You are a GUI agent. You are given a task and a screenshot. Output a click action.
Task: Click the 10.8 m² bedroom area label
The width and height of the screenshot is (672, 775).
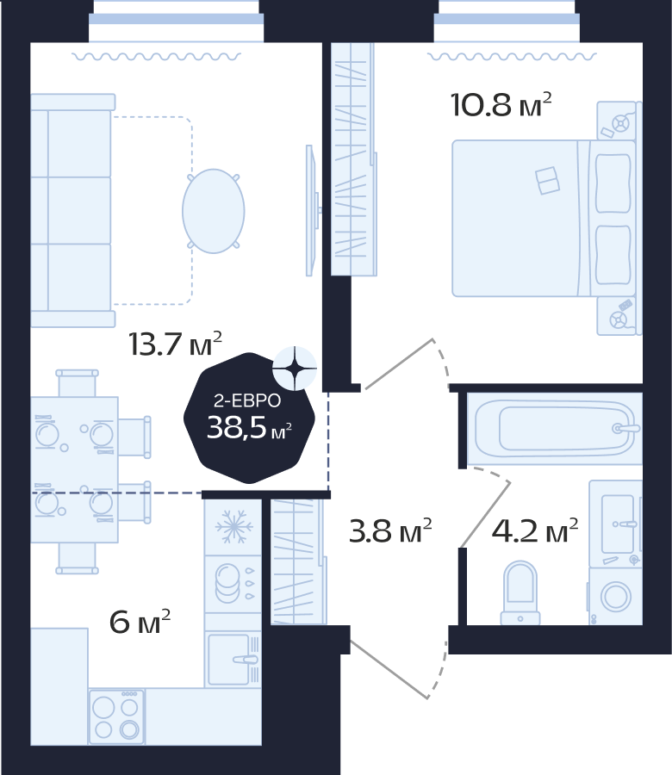[x=501, y=104]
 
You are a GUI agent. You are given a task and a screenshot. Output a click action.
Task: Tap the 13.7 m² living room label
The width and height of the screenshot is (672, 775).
[x=175, y=343]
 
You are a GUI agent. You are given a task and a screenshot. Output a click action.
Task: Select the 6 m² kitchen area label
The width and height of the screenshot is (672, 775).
[x=140, y=621]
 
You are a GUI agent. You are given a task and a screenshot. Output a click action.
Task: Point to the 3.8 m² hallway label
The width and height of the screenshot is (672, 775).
[x=390, y=530]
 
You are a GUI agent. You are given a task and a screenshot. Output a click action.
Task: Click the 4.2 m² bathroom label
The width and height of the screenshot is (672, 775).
[x=534, y=530]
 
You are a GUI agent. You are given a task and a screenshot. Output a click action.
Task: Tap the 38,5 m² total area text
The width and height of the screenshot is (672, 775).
[x=249, y=427]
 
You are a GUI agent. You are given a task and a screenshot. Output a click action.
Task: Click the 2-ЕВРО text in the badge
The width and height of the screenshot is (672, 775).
[x=247, y=400]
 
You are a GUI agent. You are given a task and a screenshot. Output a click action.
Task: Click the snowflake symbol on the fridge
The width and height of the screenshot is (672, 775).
[x=233, y=526]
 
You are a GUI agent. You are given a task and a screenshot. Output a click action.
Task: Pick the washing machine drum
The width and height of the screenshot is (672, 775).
[x=616, y=596]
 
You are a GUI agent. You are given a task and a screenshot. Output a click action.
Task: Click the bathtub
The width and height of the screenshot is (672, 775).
[x=555, y=428]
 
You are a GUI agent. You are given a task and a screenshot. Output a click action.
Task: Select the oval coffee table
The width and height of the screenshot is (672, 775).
[x=213, y=211]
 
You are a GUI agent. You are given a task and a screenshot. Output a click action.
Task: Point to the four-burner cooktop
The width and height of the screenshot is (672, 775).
[x=116, y=716]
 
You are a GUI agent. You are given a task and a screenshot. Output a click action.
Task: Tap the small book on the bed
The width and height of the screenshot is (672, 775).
[x=547, y=181]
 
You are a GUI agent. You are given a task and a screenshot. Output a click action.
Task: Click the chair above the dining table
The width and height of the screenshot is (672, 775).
[x=78, y=383]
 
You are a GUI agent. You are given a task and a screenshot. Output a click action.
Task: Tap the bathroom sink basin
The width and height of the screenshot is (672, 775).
[x=618, y=524]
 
